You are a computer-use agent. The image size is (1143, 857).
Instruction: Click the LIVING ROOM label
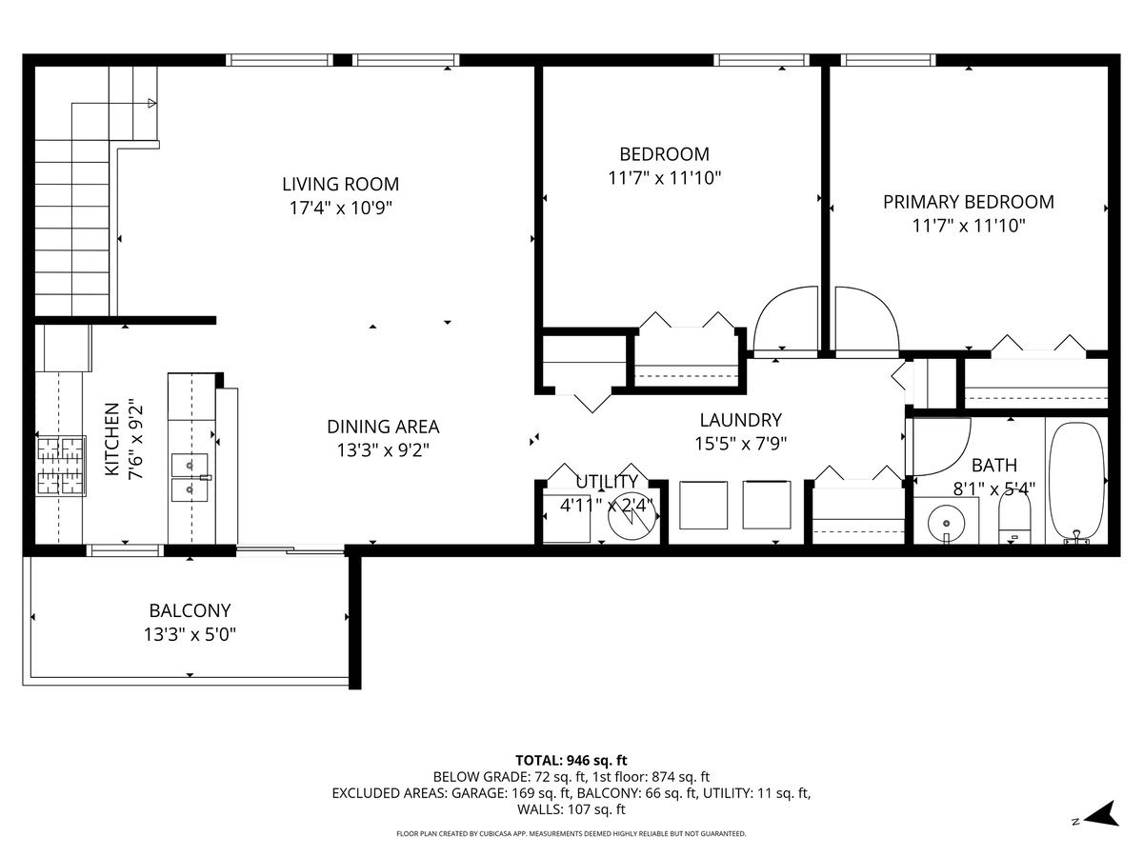[340, 184]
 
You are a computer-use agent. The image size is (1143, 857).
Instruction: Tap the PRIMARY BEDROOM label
[968, 202]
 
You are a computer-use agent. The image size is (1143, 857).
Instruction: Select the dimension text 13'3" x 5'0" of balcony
[190, 634]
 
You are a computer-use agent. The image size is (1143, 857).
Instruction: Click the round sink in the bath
[946, 523]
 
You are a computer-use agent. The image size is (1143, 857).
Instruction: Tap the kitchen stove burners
[60, 466]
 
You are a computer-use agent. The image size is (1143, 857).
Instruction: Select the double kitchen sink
[190, 477]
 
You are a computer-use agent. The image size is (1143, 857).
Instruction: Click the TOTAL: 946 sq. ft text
[571, 760]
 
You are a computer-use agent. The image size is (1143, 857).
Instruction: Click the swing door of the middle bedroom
[786, 319]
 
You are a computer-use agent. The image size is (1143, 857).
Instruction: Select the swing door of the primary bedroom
[866, 320]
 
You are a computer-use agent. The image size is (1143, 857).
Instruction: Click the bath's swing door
[938, 448]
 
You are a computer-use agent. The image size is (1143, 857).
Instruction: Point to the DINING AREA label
[383, 428]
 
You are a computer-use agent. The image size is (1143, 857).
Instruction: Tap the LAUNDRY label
[740, 420]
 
